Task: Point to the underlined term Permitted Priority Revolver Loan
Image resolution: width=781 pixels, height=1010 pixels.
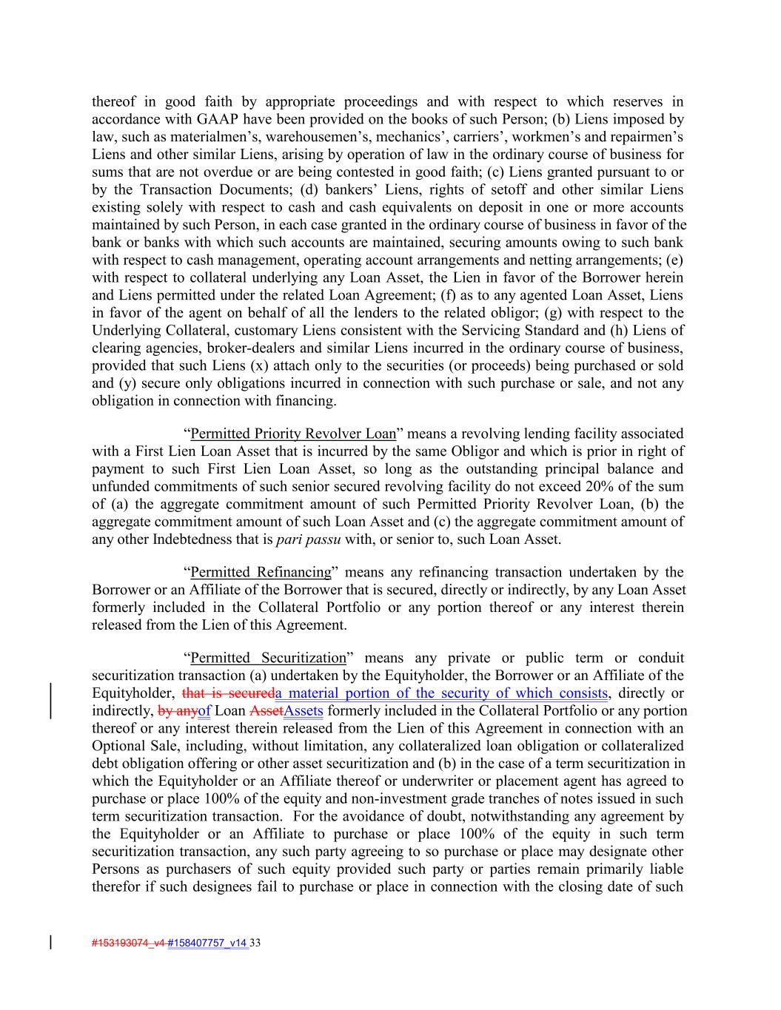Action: pyautogui.click(x=293, y=434)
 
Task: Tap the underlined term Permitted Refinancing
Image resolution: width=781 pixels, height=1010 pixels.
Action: pyautogui.click(x=261, y=572)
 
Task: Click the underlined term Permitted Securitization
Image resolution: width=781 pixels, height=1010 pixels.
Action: pyautogui.click(x=268, y=658)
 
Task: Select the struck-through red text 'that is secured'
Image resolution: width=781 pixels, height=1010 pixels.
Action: pyautogui.click(x=227, y=693)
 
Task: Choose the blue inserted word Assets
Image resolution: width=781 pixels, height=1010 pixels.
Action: pyautogui.click(x=304, y=711)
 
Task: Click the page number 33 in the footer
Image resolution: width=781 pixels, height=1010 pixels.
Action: pyautogui.click(x=256, y=943)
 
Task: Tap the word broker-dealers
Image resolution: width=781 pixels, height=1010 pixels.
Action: pyautogui.click(x=272, y=348)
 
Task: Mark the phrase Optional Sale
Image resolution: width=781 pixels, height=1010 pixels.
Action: pyautogui.click(x=130, y=746)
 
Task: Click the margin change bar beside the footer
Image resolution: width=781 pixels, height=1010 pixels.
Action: pyautogui.click(x=50, y=943)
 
